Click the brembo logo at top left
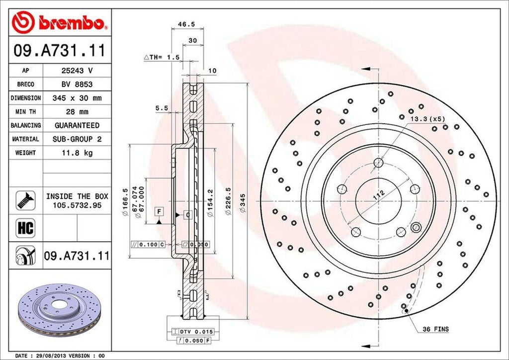59,22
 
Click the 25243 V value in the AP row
77,71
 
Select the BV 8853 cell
77,85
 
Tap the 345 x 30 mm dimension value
77,98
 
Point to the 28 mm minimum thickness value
77,112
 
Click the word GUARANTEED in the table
77,125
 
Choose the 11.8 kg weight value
77,153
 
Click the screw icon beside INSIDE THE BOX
25,200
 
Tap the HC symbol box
25,228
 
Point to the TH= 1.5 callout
162,58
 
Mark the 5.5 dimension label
161,107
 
